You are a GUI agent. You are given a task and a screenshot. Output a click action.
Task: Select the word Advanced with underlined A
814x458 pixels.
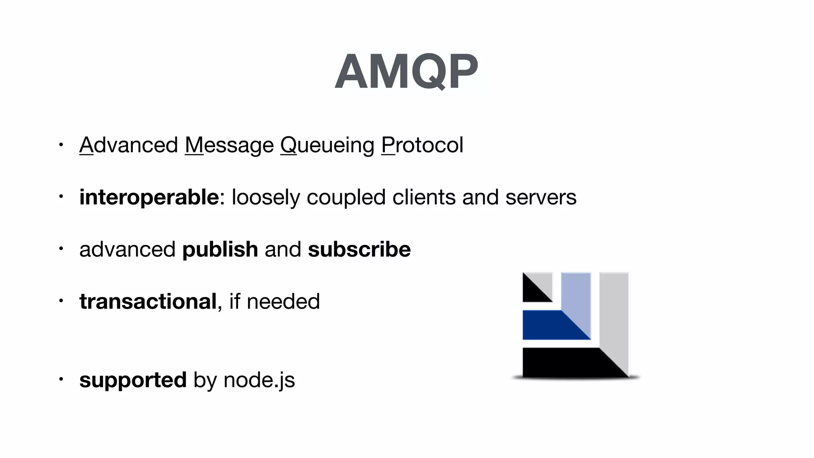[x=128, y=145]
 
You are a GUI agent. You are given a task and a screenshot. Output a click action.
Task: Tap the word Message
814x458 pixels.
[x=229, y=145]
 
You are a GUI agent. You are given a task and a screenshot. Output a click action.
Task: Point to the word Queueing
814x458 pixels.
[x=327, y=146]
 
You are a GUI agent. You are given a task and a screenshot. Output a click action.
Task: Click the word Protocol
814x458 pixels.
[x=422, y=145]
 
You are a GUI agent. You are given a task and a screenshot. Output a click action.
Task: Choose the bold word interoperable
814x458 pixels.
[x=149, y=197]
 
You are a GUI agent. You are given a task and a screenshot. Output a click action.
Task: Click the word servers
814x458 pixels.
[x=541, y=197]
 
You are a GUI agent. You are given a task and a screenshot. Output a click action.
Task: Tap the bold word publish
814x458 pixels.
[x=220, y=250]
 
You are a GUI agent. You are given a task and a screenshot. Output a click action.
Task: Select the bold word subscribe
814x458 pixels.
[x=359, y=249]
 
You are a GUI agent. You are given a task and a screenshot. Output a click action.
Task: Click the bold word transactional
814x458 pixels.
[x=148, y=301]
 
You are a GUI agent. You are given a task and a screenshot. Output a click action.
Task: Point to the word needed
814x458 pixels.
[x=283, y=301]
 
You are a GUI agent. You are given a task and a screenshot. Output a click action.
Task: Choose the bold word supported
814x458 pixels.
[x=133, y=380]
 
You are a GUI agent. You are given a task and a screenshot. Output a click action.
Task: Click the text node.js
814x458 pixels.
[x=259, y=380]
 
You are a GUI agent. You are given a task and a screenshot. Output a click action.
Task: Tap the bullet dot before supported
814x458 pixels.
[x=61, y=379]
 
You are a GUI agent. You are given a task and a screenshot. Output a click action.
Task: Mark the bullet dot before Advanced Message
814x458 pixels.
[x=61, y=144]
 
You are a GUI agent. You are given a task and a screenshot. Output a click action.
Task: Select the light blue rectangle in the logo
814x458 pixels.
[x=576, y=294]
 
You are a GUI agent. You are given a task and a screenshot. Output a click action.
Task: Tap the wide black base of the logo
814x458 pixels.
[x=564, y=363]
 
